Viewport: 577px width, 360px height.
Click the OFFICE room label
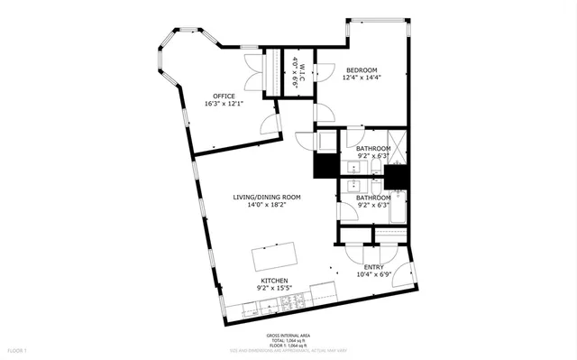[x=224, y=96]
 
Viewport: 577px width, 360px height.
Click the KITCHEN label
[x=274, y=282]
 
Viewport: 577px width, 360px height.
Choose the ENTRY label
[x=373, y=267]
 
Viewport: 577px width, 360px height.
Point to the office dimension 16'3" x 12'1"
[x=224, y=104]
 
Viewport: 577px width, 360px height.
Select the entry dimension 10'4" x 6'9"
[x=373, y=275]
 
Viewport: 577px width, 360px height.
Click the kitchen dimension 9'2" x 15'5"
[x=274, y=290]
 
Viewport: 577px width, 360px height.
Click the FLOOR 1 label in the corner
[x=18, y=349]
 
